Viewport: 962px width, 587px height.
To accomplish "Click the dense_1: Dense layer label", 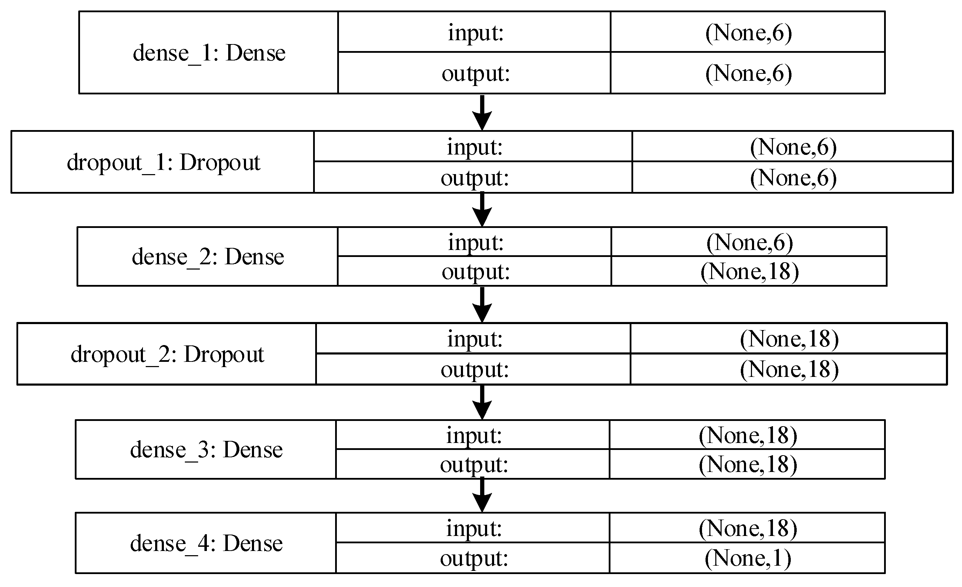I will click(209, 53).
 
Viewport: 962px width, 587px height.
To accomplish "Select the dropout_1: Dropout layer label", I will click(163, 162).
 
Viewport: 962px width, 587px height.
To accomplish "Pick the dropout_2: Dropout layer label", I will click(167, 354).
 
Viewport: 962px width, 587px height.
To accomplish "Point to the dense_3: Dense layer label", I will click(206, 450).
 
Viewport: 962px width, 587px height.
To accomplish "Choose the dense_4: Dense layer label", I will click(206, 543).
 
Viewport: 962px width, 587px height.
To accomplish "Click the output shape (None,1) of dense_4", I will click(748, 558).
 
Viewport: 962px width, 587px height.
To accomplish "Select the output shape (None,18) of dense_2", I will click(750, 271).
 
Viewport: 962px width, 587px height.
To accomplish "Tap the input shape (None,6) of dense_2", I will click(750, 242).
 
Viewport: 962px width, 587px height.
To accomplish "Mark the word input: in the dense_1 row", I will click(475, 33).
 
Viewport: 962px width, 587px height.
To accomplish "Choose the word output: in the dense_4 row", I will click(474, 558).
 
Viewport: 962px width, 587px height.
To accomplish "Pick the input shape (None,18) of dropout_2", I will click(789, 339).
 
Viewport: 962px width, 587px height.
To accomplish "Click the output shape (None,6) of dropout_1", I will click(793, 178).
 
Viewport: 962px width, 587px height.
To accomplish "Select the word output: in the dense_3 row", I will click(474, 464).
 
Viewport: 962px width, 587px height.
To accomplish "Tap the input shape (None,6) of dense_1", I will click(748, 33).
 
